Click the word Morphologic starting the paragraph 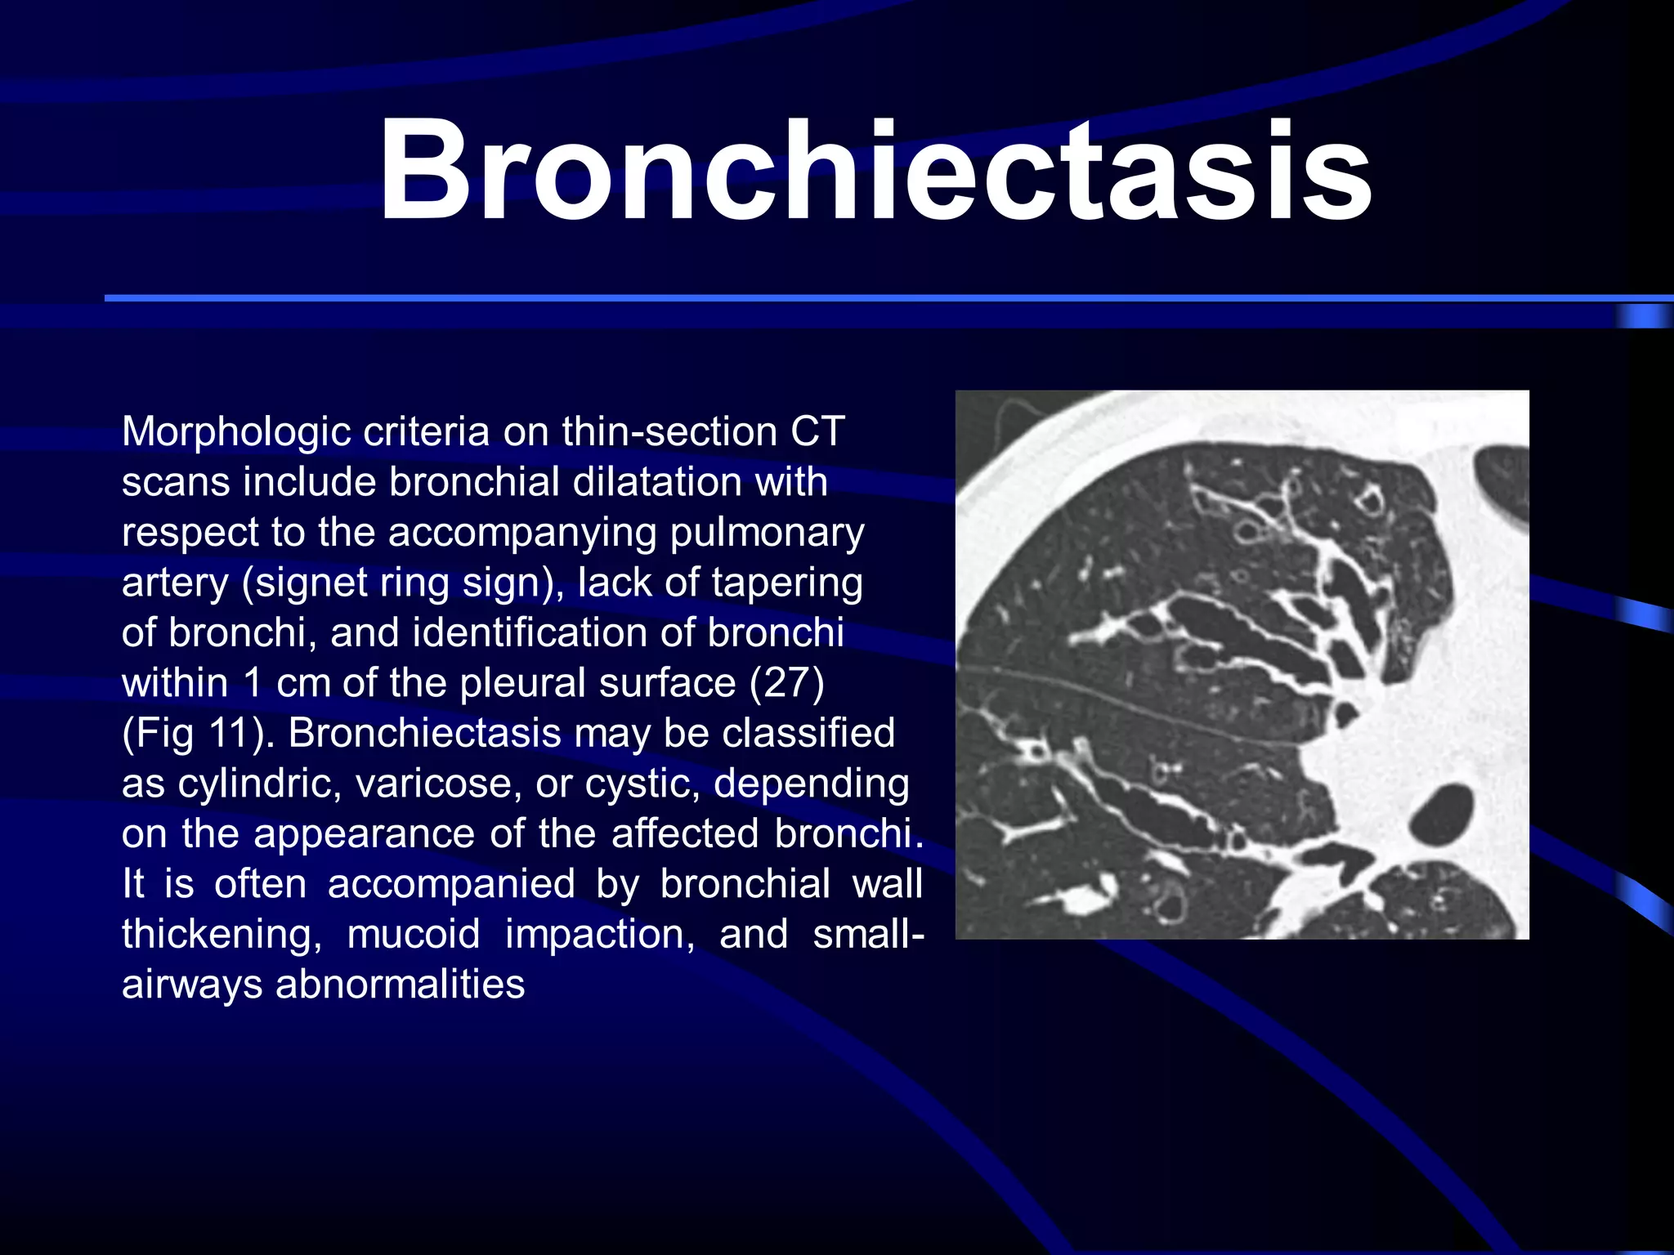pos(236,432)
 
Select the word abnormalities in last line pos(401,985)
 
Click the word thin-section pos(670,432)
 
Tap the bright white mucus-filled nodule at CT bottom pos(1080,902)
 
